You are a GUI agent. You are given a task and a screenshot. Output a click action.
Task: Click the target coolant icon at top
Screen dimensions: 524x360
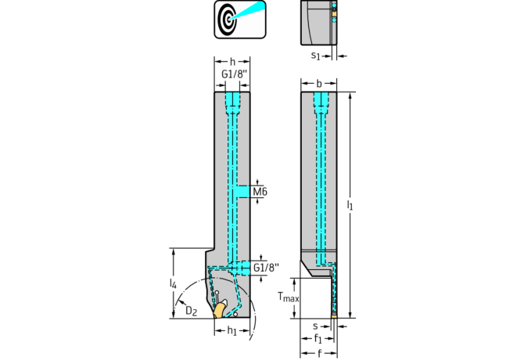240,20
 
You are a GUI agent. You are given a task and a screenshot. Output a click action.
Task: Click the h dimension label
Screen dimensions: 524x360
232,62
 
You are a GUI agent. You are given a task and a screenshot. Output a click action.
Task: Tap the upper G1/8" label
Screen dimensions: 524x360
235,74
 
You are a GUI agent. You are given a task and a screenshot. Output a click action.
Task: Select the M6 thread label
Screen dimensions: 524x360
260,192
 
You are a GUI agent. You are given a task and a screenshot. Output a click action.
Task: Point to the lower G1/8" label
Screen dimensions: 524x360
266,268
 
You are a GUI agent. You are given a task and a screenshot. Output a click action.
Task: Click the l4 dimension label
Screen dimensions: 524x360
172,283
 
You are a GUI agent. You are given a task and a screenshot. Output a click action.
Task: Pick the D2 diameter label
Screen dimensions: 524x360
191,311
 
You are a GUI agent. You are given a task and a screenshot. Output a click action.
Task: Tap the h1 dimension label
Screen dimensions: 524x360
231,330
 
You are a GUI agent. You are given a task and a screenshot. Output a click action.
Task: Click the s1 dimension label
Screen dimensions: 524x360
316,56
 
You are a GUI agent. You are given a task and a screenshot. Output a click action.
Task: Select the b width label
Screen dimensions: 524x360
319,83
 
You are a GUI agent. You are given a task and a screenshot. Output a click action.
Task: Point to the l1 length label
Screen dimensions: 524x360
350,204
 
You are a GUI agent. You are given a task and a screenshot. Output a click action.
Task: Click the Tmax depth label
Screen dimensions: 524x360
289,297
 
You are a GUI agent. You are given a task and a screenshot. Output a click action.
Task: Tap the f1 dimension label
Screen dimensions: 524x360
318,339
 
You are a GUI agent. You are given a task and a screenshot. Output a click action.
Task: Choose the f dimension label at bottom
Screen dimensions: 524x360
319,353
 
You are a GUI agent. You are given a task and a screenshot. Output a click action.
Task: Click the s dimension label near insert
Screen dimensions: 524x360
315,326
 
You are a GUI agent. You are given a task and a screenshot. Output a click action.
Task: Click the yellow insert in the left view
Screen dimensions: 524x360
219,310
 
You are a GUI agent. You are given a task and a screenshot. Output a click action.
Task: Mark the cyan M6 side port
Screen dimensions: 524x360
243,192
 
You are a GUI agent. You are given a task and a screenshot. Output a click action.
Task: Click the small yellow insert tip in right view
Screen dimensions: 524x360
334,315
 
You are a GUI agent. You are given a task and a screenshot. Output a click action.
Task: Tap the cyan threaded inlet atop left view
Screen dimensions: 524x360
232,103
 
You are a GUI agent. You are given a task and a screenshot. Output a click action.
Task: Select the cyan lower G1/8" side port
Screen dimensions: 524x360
243,268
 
